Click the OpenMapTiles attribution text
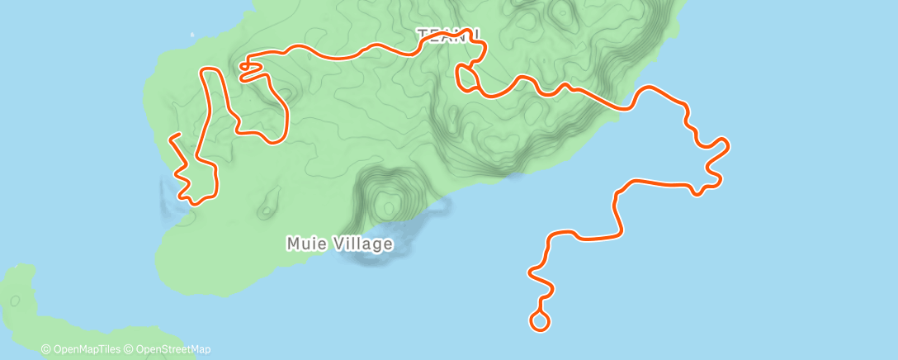coord(87,349)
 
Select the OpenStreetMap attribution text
coord(172,349)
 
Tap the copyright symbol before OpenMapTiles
coord(46,349)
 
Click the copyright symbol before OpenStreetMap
coord(129,349)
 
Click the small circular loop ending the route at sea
coord(540,322)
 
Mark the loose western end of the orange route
coord(170,137)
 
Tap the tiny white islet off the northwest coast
coord(192,35)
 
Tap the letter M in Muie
coord(293,244)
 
